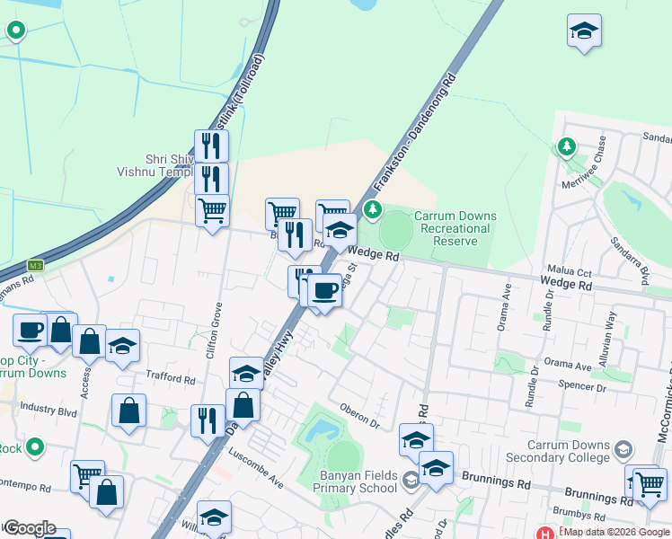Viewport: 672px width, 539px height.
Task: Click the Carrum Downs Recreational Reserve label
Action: (x=451, y=228)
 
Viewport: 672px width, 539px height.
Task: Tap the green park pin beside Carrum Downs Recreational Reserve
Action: (x=373, y=209)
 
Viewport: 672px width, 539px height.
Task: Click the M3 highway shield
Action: (x=35, y=265)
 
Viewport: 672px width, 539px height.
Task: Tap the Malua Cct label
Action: (x=570, y=270)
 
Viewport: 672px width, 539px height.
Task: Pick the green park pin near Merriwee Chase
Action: (x=566, y=145)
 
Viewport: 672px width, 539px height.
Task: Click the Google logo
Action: (x=29, y=528)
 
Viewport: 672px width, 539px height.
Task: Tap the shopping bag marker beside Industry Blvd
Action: (x=129, y=411)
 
